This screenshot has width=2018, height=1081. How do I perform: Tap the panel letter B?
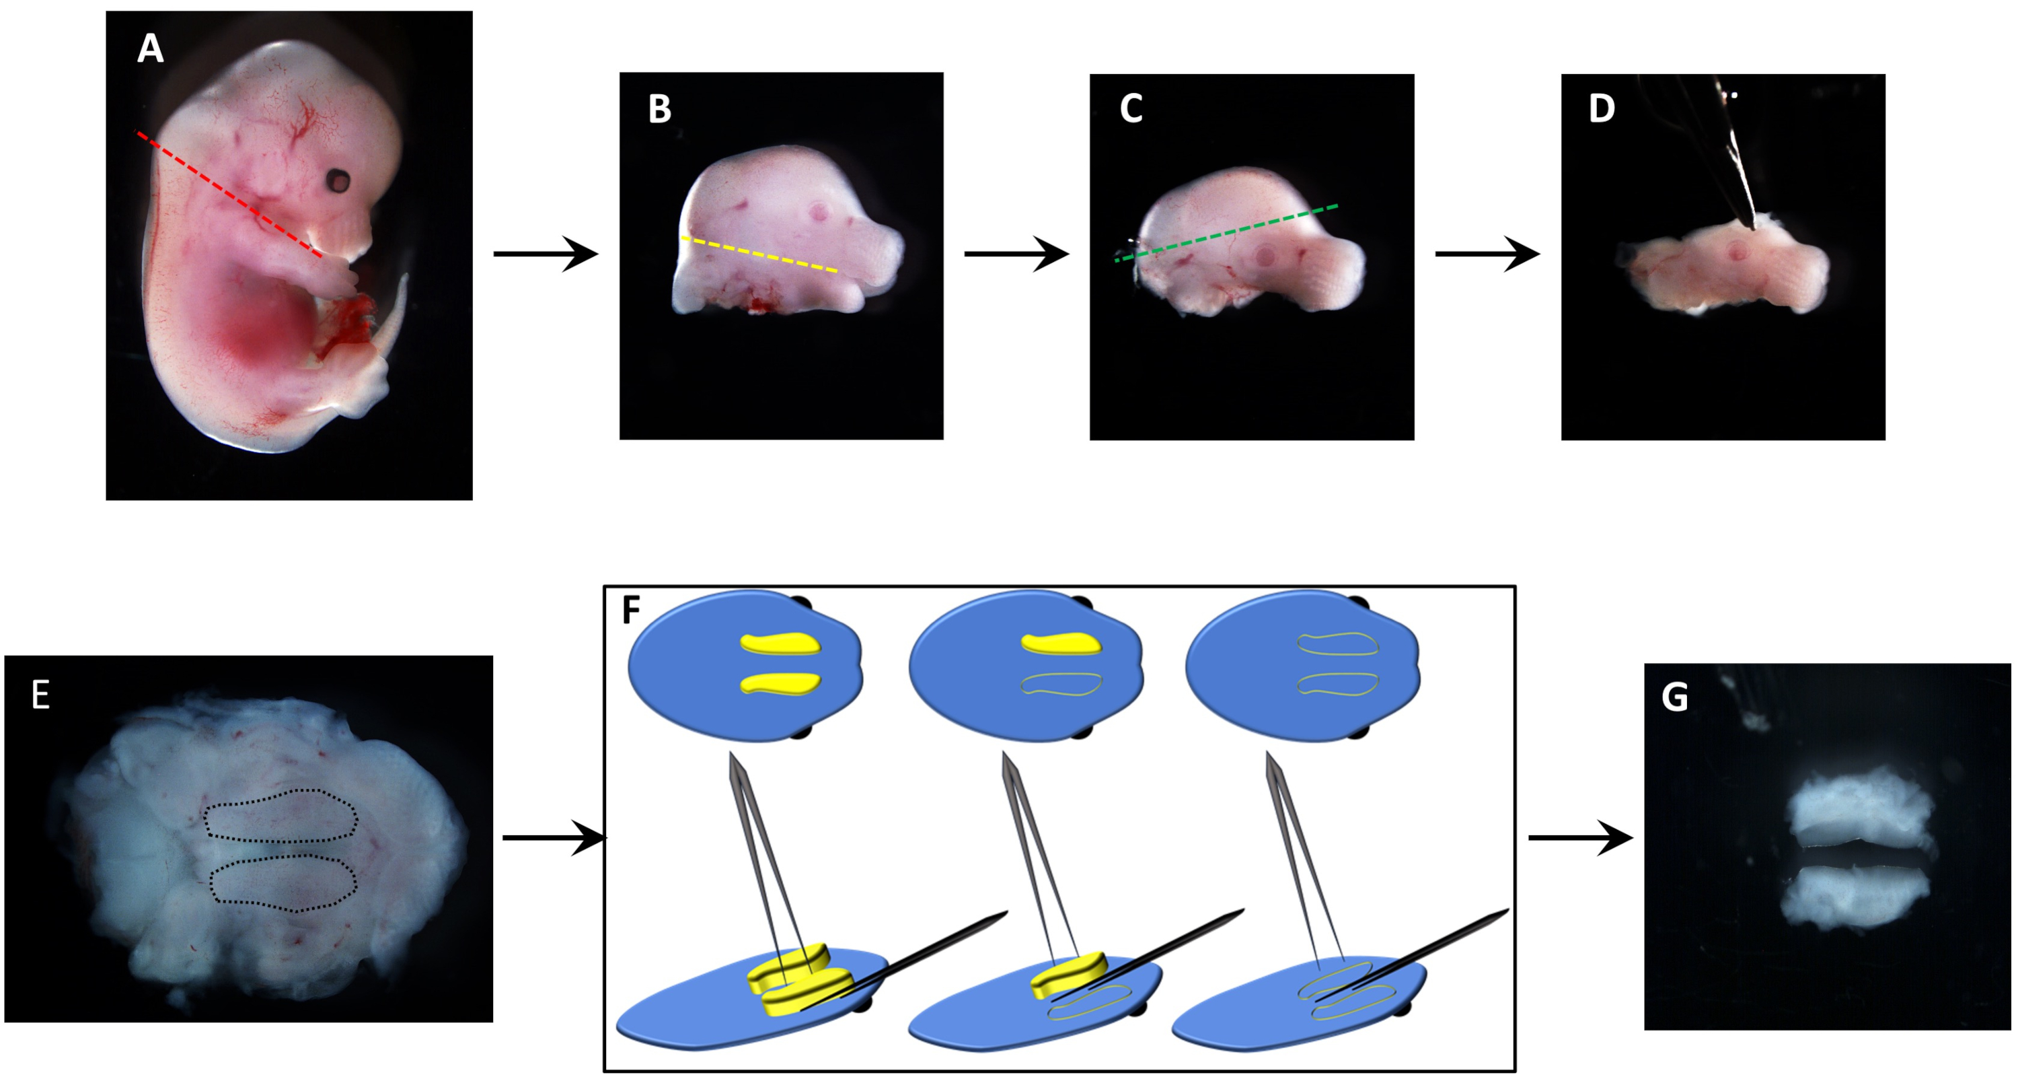660,109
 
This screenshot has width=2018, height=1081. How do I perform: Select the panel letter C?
1131,109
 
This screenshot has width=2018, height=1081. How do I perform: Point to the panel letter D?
1601,109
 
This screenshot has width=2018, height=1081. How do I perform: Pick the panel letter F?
631,611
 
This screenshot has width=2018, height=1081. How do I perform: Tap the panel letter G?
1674,697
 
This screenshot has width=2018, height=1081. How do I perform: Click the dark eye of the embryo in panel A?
339,181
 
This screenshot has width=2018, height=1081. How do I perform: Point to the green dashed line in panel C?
1226,233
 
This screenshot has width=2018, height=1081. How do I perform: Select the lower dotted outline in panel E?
283,884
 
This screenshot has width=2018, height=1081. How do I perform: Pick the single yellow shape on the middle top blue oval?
1061,643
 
